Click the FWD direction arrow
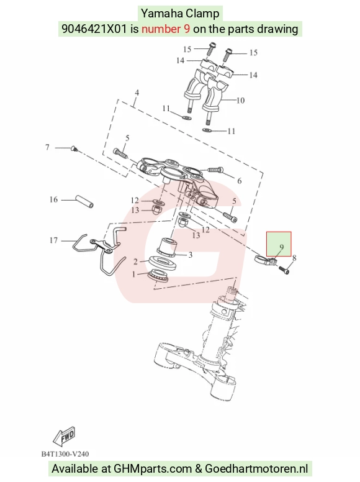pyautogui.click(x=64, y=436)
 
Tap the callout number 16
pyautogui.click(x=53, y=199)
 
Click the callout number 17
pyautogui.click(x=53, y=240)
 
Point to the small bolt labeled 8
pyautogui.click(x=284, y=270)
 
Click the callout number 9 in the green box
pyautogui.click(x=281, y=247)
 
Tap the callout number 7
pyautogui.click(x=47, y=147)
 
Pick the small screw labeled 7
pyautogui.click(x=74, y=149)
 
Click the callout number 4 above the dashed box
pyautogui.click(x=137, y=93)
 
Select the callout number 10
pyautogui.click(x=240, y=100)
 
